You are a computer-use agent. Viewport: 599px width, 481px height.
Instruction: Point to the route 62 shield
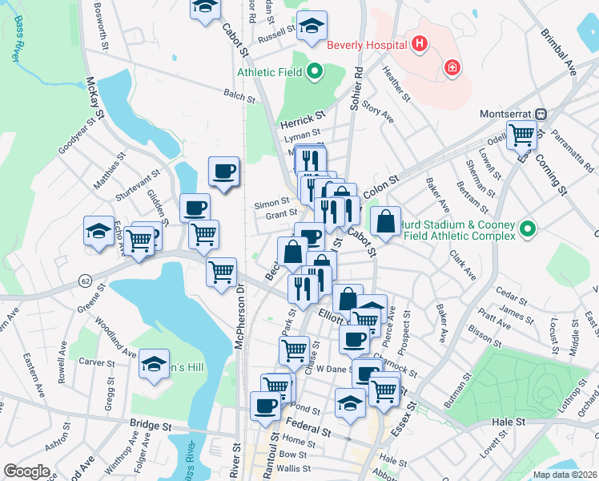(84, 281)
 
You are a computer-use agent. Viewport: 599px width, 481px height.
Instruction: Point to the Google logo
(27, 471)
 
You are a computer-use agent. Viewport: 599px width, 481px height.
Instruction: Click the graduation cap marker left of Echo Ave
(98, 232)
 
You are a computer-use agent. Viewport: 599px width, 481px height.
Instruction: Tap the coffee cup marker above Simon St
(223, 171)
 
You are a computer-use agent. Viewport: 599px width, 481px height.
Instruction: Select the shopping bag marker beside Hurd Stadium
(385, 220)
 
